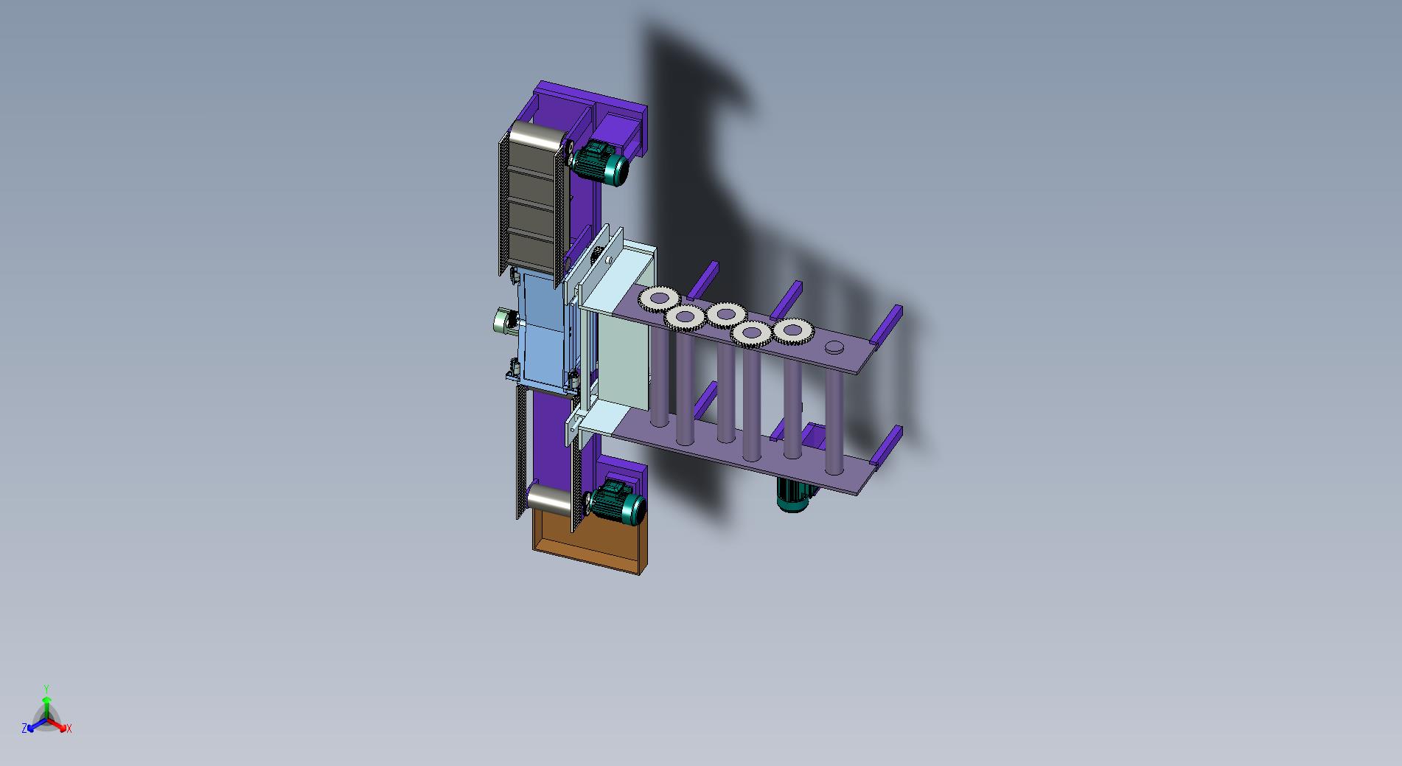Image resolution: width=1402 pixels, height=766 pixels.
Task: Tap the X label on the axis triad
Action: point(69,728)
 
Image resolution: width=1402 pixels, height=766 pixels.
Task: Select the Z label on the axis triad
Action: point(24,728)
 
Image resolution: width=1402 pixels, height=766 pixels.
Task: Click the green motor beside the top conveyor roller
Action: point(601,164)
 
